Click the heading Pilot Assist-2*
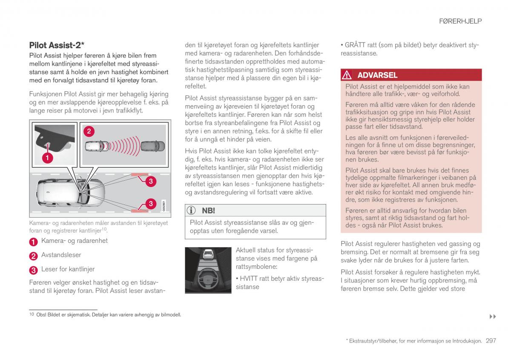click(57, 45)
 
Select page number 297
click(491, 341)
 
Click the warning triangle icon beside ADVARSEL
click(347, 75)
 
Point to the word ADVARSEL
click(377, 75)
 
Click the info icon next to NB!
click(192, 210)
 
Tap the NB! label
click(208, 210)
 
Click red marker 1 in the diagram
click(47, 158)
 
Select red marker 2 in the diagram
click(89, 131)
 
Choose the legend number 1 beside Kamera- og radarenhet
click(33, 242)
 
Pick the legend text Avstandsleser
click(61, 255)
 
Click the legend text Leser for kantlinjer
click(68, 269)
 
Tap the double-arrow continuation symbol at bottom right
click(493, 317)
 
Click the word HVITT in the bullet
click(250, 279)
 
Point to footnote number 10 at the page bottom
click(31, 314)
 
